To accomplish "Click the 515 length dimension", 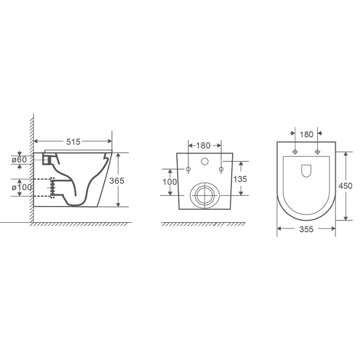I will coord(73,141).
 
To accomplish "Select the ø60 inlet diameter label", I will coord(19,159).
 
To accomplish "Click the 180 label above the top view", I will coord(307,134).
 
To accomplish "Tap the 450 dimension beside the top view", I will coord(346,186).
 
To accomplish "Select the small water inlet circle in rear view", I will coord(205,161).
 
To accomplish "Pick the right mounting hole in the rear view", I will coord(221,169).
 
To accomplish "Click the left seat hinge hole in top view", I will coord(295,152).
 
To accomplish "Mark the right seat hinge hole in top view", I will coord(318,152).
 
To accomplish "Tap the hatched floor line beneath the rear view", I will coord(203,224).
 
